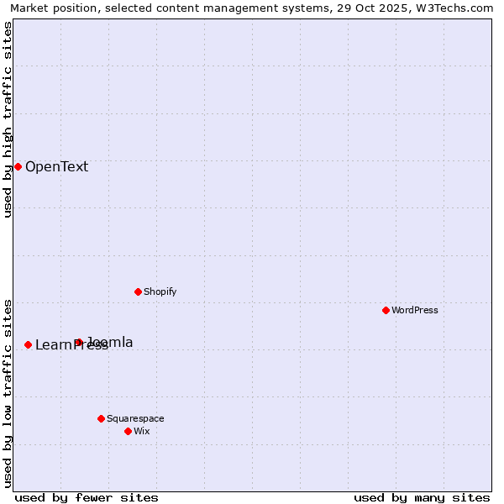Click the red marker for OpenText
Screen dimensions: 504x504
coord(18,166)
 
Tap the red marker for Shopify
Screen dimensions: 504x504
coord(138,291)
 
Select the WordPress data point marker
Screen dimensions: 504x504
coord(386,310)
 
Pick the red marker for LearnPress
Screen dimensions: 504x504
coord(28,344)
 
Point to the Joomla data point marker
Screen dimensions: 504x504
coord(78,342)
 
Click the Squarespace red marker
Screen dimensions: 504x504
coord(101,418)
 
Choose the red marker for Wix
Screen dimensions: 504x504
coord(128,431)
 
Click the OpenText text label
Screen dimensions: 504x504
coord(56,166)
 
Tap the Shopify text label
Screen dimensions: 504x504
coord(160,291)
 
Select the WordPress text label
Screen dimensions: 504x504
coord(414,310)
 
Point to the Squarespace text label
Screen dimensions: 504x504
coord(135,418)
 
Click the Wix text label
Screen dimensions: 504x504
coord(141,431)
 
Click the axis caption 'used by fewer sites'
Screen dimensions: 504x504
coord(87,497)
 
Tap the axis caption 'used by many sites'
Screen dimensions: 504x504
coord(422,497)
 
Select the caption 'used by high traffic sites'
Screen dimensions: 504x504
coord(8,119)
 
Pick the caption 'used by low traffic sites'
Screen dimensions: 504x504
coord(8,392)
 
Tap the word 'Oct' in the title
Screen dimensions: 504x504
coord(374,8)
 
